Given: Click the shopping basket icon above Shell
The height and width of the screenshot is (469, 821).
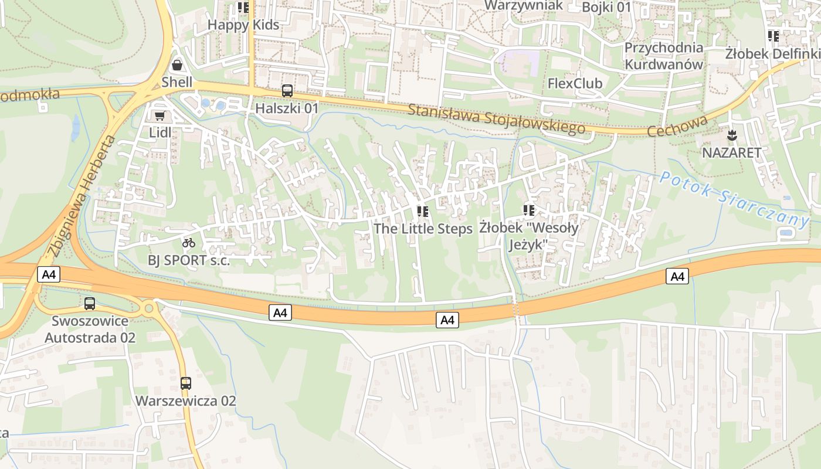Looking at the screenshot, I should coord(177,65).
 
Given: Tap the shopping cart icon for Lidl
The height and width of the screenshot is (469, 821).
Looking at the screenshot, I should coord(159,116).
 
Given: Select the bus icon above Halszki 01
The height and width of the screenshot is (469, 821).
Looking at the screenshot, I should coord(287,91).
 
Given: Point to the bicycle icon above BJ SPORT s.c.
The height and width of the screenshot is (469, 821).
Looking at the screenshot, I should coord(188,242).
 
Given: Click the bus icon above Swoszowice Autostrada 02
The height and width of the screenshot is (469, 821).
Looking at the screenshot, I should coord(90,304).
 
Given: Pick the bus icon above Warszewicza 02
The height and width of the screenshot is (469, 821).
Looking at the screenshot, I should coord(185,383).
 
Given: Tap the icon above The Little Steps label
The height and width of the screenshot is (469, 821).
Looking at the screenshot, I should coord(422,211).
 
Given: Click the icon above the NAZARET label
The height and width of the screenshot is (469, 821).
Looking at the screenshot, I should coord(732,136).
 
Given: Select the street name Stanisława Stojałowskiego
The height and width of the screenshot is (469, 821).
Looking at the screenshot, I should coord(496,119).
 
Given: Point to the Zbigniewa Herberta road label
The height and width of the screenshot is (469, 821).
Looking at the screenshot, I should coord(80,196).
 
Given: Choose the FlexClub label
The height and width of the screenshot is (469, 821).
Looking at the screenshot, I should coord(575,84).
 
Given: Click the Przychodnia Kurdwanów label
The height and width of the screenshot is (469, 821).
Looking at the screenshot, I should coord(663,56).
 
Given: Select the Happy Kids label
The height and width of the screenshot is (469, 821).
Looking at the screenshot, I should coord(243,25).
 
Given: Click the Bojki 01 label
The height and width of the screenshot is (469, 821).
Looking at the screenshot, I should coord(606,7).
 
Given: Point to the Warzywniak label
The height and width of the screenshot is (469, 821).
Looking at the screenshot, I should coord(524,5).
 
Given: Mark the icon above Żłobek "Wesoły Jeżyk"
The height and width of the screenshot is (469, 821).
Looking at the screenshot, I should coord(529,210).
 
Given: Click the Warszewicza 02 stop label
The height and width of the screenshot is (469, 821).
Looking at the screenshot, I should coord(185,401).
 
